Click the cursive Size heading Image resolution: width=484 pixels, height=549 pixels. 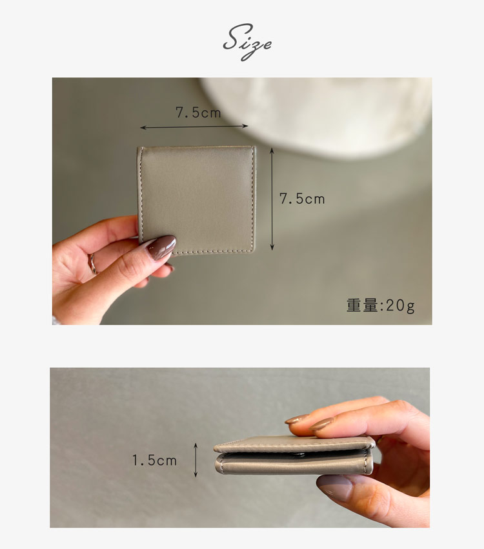point(247,43)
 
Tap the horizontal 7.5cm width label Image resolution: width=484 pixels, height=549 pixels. point(198,113)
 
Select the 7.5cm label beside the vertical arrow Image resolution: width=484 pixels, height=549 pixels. point(302,199)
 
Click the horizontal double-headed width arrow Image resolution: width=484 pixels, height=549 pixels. point(194,126)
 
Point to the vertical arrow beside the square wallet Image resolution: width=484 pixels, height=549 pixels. point(272,199)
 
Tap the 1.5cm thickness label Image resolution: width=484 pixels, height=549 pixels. point(154,461)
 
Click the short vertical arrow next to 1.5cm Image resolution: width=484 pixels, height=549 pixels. point(196,460)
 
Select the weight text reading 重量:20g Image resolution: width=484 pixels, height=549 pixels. point(381,305)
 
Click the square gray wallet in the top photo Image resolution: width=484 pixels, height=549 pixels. point(196,199)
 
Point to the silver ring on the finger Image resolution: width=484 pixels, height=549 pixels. point(93,263)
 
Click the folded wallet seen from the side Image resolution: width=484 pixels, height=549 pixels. point(294,455)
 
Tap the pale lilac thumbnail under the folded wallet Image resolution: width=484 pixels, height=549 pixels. point(334,487)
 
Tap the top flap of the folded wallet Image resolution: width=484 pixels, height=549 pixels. point(294,444)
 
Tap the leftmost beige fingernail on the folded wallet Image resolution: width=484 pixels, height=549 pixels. point(296,419)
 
